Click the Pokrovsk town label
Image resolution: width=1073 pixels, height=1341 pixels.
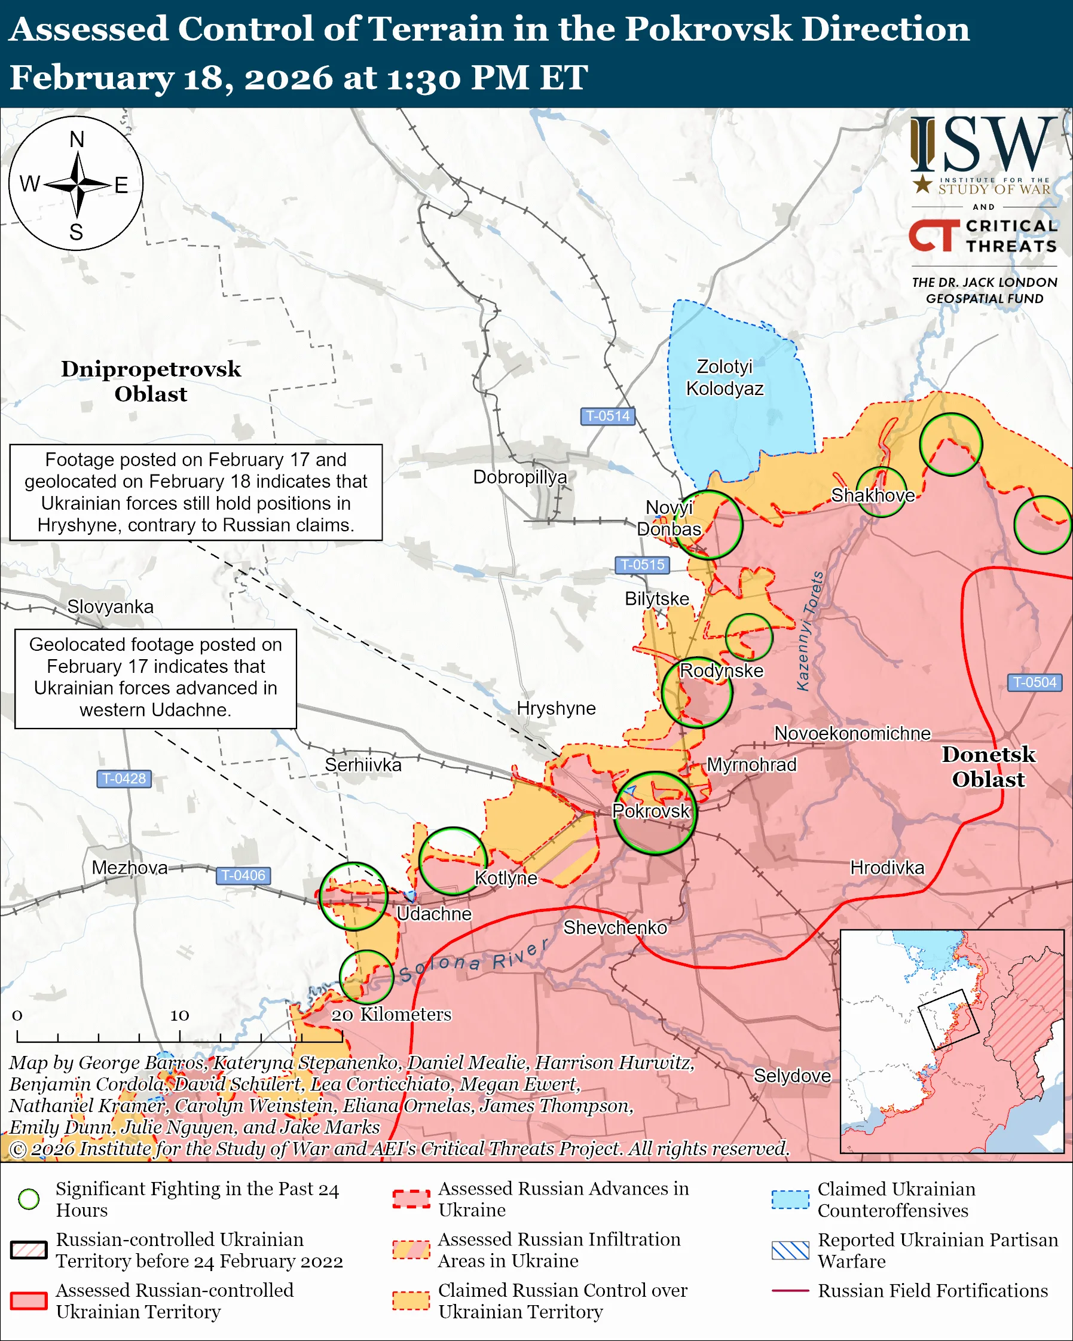pyautogui.click(x=650, y=811)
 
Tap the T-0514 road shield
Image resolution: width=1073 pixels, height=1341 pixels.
pyautogui.click(x=608, y=415)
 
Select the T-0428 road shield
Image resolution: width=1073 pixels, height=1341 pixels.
pyautogui.click(x=124, y=778)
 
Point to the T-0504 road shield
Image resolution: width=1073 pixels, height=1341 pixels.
pyautogui.click(x=1034, y=682)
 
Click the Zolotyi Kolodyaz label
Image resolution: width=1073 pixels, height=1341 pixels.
pyautogui.click(x=724, y=378)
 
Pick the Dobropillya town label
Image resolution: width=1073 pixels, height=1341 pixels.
pyautogui.click(x=520, y=477)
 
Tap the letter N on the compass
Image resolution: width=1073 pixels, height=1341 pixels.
pyautogui.click(x=77, y=140)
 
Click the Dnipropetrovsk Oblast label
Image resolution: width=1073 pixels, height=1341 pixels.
pyautogui.click(x=151, y=381)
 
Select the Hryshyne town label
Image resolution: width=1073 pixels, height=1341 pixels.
pyautogui.click(x=556, y=708)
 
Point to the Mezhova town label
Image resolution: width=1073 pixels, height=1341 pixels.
pyautogui.click(x=129, y=867)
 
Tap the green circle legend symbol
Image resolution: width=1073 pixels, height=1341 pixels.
pyautogui.click(x=29, y=1199)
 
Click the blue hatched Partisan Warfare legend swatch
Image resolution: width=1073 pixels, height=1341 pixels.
pyautogui.click(x=790, y=1250)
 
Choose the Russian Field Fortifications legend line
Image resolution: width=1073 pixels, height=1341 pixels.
pyautogui.click(x=790, y=1291)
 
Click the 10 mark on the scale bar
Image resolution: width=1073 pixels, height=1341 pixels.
pyautogui.click(x=180, y=1015)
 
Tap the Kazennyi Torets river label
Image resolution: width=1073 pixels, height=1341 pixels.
pyautogui.click(x=811, y=630)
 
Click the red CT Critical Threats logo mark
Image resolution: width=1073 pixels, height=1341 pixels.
pyautogui.click(x=934, y=235)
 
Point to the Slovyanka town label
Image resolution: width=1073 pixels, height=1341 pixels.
pyautogui.click(x=110, y=607)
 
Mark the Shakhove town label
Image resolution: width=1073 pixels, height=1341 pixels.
pyautogui.click(x=873, y=495)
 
